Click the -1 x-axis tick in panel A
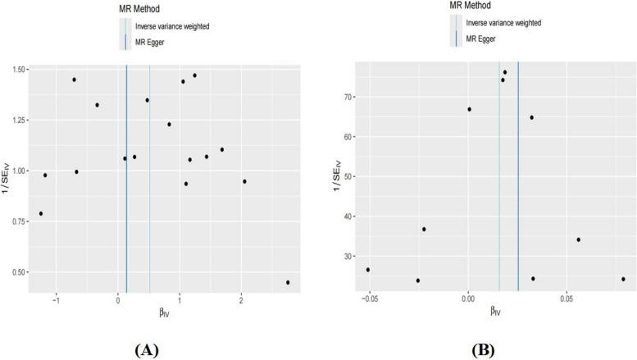pyautogui.click(x=57, y=300)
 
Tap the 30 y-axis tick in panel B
pyautogui.click(x=342, y=256)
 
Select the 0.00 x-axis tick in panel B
pyautogui.click(x=468, y=300)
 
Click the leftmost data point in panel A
pyautogui.click(x=41, y=213)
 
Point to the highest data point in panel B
pyautogui.click(x=505, y=72)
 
